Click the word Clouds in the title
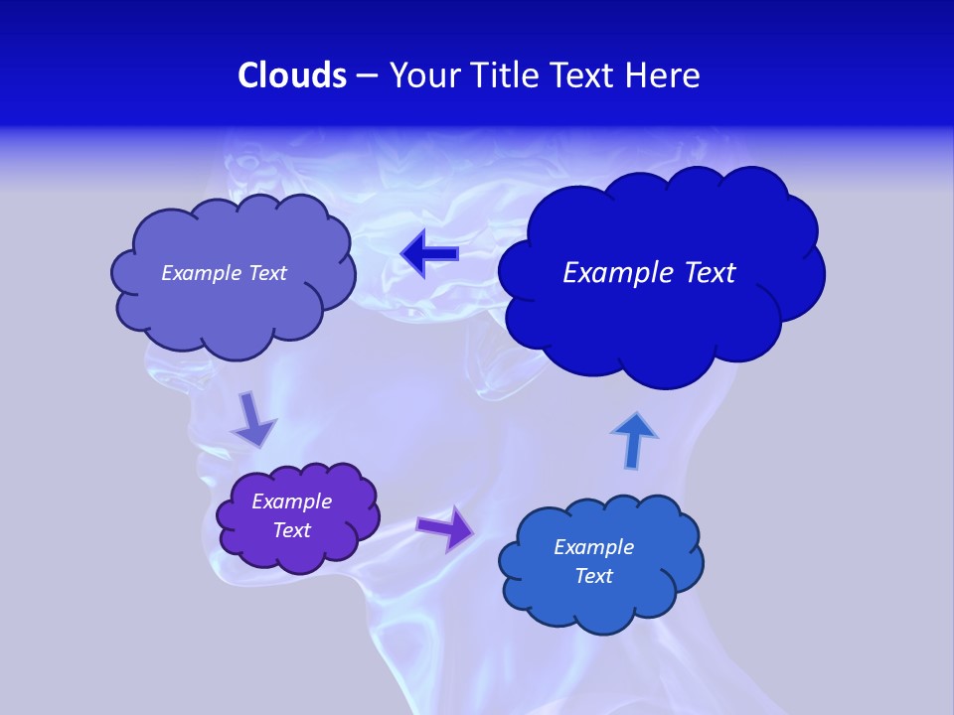292,75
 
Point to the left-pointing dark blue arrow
429,254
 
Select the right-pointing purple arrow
445,527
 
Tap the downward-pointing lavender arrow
253,419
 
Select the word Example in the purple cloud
291,501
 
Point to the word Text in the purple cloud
291,530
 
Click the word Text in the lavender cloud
265,273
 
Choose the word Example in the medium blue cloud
593,547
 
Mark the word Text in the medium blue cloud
593,576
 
